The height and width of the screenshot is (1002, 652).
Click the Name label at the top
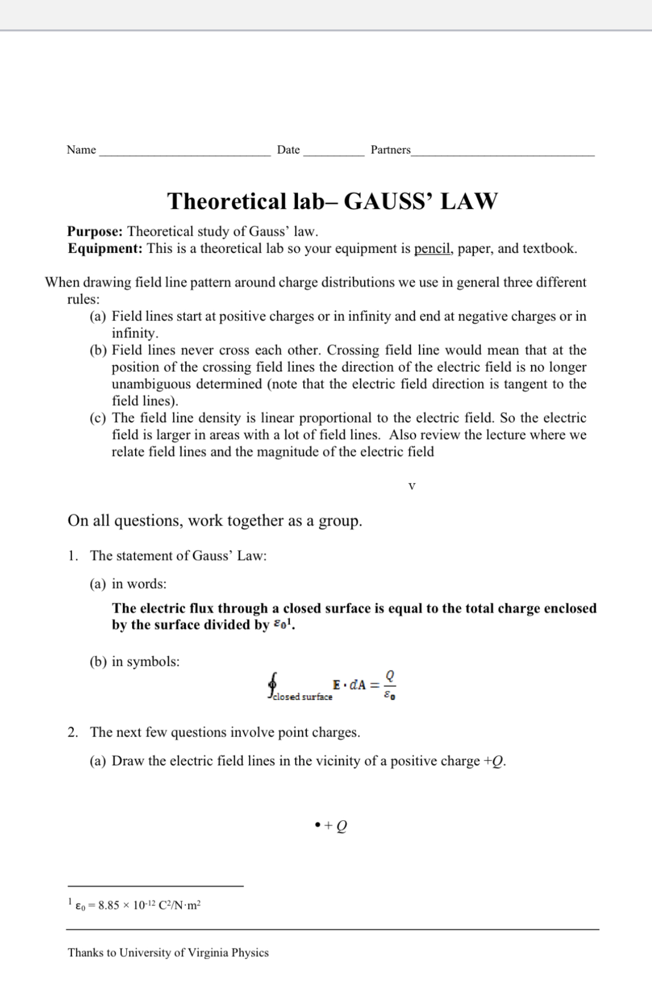[x=81, y=150]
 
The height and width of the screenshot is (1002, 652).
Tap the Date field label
[x=288, y=150]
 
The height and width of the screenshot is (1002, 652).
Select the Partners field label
[x=390, y=150]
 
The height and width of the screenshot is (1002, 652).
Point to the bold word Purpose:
[x=95, y=232]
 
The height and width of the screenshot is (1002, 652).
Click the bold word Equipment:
[x=105, y=249]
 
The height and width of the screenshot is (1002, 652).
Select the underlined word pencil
[x=433, y=249]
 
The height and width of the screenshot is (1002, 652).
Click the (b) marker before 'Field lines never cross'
[x=98, y=350]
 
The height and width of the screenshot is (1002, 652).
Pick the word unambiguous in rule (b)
[x=151, y=384]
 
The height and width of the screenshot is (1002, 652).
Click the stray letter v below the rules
[x=412, y=486]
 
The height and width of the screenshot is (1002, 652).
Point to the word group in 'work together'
[x=339, y=521]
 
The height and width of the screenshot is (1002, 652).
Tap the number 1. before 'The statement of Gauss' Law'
[x=73, y=556]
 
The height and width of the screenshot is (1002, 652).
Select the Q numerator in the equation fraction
[x=389, y=676]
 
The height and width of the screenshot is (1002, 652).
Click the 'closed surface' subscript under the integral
[x=303, y=697]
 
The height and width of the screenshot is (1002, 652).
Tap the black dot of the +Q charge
[x=317, y=825]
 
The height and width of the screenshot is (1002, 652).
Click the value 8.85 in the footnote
[x=108, y=906]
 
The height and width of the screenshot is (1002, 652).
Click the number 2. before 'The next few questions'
[x=73, y=732]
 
